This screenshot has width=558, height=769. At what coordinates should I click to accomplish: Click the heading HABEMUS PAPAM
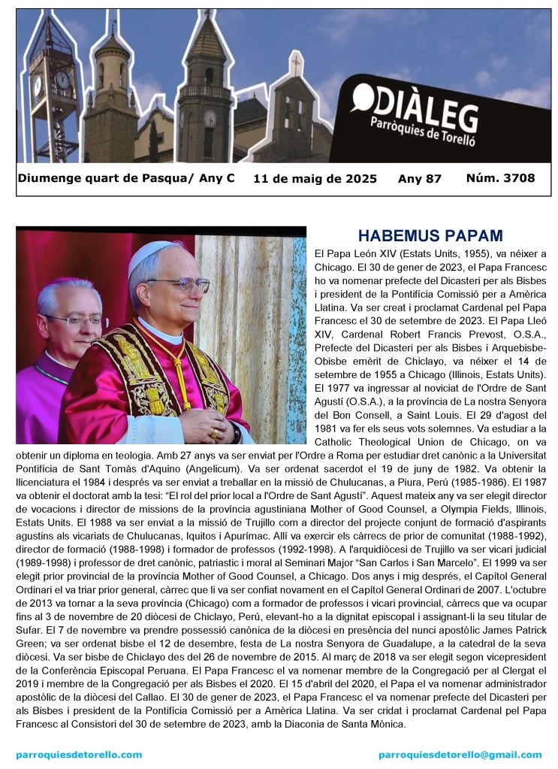[430, 235]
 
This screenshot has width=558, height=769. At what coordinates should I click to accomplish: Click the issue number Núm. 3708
[500, 178]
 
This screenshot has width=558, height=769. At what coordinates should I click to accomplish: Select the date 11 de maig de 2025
[315, 179]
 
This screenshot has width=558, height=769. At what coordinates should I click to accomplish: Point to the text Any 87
[419, 179]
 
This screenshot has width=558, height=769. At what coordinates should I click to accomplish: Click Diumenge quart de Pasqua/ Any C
[125, 178]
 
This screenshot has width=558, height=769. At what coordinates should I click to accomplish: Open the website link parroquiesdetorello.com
[79, 754]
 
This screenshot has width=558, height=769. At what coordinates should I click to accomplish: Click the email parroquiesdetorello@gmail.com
[460, 754]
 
